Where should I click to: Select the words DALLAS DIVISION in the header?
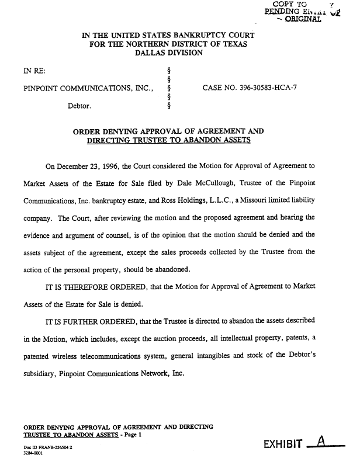[169, 53]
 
